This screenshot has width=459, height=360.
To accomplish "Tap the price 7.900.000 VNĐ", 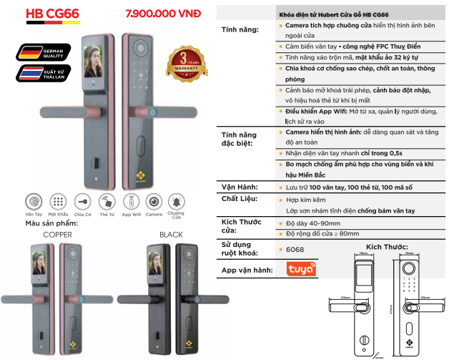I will point(163,14).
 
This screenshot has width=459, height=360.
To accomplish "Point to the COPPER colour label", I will point(57,234).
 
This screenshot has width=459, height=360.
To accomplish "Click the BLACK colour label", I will point(172,234).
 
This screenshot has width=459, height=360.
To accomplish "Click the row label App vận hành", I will point(247,271).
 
